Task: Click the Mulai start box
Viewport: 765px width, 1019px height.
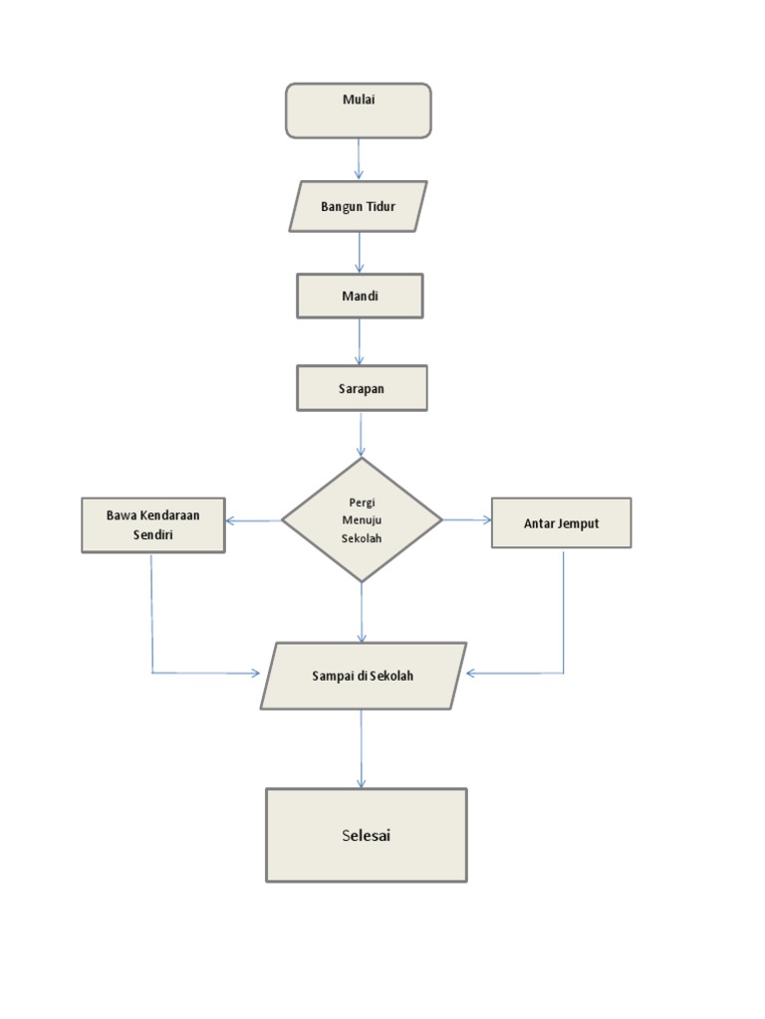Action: coord(359,110)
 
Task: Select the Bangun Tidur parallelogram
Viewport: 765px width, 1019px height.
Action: coord(359,207)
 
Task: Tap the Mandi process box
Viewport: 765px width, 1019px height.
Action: coord(360,297)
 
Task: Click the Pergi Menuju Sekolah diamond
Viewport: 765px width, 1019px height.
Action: coord(362,519)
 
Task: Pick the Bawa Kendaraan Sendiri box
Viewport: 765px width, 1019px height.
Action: coord(153,525)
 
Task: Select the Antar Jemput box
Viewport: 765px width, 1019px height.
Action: coord(561,523)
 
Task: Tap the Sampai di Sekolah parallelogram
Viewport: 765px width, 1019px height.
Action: coord(363,676)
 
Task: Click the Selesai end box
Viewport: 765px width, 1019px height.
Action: coord(366,835)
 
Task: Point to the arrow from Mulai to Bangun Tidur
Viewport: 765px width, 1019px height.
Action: coord(359,158)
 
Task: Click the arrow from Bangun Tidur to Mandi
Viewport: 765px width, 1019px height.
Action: coord(360,253)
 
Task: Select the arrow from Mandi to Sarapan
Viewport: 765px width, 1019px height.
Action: coord(360,341)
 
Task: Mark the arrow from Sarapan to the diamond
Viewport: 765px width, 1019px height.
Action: coord(361,434)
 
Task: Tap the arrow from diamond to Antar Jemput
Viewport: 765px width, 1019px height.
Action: coord(466,519)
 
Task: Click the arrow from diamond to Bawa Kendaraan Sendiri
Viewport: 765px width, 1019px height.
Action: coord(253,520)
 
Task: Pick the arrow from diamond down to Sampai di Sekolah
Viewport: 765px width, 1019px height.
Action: coord(362,612)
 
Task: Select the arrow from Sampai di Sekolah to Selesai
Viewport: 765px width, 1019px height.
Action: coord(362,748)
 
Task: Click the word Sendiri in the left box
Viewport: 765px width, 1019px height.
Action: coord(153,534)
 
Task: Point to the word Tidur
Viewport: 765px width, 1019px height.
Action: coord(382,207)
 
